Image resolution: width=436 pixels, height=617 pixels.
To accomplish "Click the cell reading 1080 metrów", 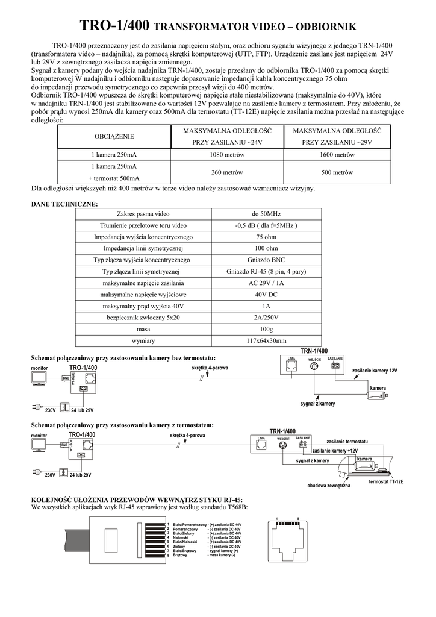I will coord(223,155).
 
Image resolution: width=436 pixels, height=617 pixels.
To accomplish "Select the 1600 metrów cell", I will coord(337,155).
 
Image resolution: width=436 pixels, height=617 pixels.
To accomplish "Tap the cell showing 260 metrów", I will coord(223,172).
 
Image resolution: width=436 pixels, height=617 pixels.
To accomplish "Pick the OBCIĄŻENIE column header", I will coord(114,137).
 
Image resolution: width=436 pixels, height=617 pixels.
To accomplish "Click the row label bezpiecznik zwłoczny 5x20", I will coord(143,318).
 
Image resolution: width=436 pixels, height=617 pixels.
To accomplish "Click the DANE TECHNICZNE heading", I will coord(64,204).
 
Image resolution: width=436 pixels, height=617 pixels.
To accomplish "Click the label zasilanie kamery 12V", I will coord(375,371).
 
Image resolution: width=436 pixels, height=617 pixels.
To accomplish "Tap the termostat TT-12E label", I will coord(385,482).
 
